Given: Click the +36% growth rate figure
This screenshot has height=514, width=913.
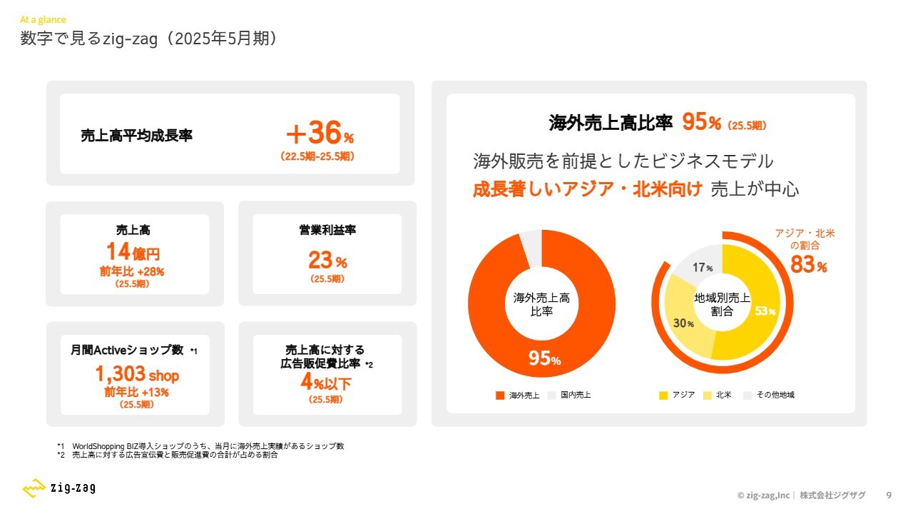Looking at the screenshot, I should point(319,133).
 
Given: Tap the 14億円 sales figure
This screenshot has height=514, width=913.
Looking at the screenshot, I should point(133,252).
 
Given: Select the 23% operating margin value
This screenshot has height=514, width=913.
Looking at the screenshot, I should point(327,260).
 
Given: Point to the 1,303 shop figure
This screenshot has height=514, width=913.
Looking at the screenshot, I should point(137,374).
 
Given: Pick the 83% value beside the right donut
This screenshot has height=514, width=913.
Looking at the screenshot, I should point(808,266).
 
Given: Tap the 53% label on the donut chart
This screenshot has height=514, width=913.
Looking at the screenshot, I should point(765,311).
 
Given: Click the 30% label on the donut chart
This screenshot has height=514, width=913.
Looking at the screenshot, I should point(683,323).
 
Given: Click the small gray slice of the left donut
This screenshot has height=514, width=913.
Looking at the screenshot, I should point(531,246).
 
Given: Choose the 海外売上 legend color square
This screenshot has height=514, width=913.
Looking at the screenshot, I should point(499,395).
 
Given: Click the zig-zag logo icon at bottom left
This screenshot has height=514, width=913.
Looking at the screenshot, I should point(34,488).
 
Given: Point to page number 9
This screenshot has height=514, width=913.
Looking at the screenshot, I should point(888,495).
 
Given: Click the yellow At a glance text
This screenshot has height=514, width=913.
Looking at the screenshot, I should point(43,20).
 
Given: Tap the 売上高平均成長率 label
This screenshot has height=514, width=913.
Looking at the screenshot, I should point(137,136).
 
